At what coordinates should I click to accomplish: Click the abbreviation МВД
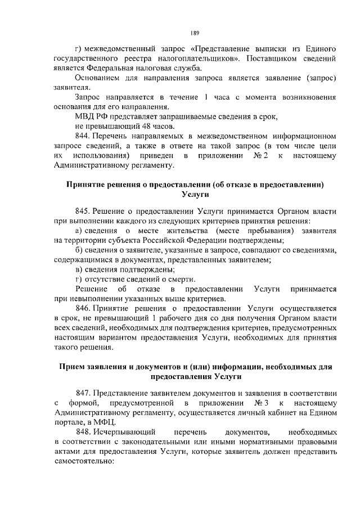pyautogui.click(x=85, y=116)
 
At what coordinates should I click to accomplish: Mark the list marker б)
pyautogui.click(x=79, y=250)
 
